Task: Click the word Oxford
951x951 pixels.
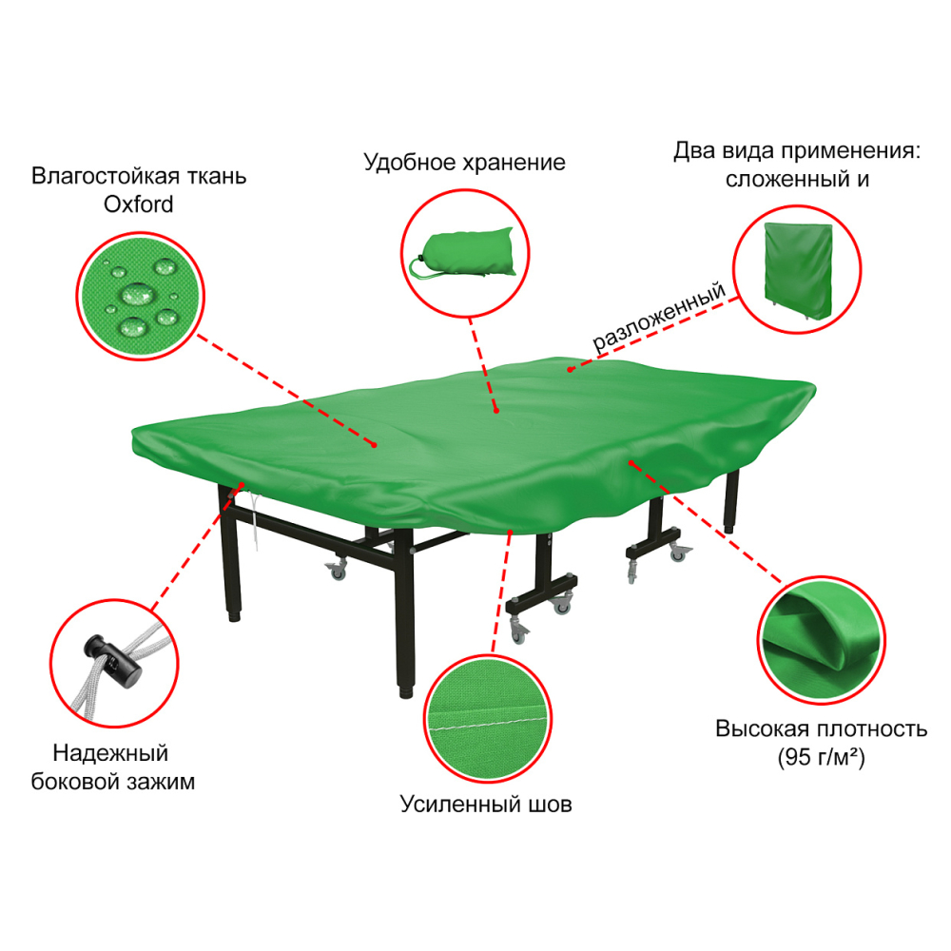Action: (138, 204)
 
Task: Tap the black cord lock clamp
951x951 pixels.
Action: (113, 662)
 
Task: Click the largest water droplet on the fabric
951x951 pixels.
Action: (138, 295)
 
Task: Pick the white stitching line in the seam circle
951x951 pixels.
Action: (487, 724)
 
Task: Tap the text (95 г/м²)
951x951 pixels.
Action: (822, 757)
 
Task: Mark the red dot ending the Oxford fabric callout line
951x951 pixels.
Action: (374, 445)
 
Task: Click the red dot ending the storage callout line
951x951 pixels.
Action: (496, 411)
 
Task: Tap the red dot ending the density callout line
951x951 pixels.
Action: (631, 463)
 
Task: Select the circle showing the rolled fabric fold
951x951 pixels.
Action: (822, 640)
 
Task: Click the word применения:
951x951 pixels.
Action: (850, 151)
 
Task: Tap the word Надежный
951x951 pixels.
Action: (110, 753)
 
